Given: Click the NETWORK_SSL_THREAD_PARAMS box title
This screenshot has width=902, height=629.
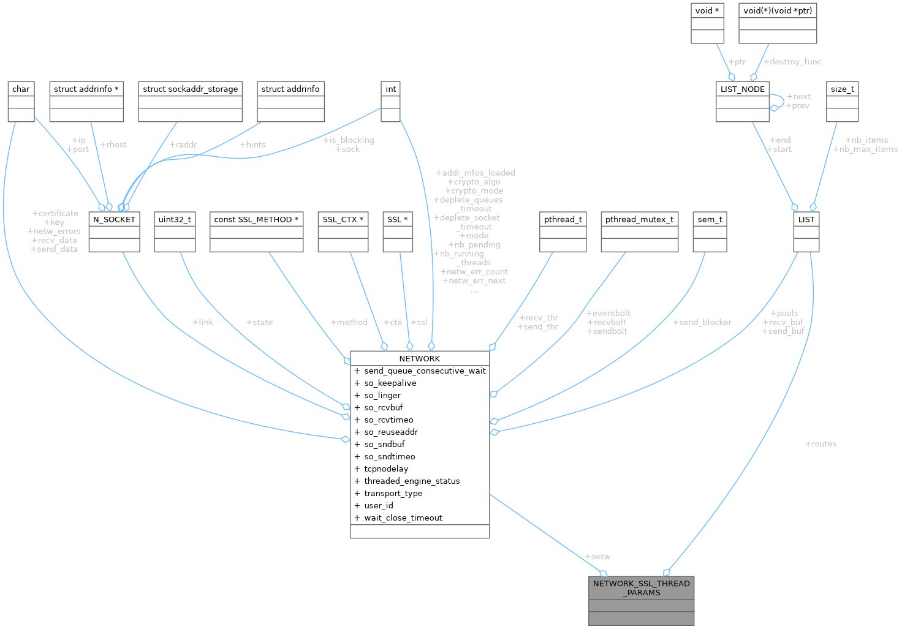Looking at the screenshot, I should pyautogui.click(x=641, y=588).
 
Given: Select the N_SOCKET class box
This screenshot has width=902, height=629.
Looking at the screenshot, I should pyautogui.click(x=114, y=232).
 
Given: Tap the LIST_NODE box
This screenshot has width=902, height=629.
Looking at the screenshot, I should pyautogui.click(x=743, y=101).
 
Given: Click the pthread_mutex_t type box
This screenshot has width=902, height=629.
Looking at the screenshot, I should pyautogui.click(x=639, y=232).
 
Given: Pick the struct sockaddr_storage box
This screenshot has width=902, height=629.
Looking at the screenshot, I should pyautogui.click(x=190, y=101).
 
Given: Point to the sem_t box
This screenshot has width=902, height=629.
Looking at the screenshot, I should pyautogui.click(x=710, y=232).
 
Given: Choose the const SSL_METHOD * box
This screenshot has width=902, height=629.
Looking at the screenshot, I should pyautogui.click(x=256, y=232).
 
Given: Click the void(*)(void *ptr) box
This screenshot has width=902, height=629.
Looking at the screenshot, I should pyautogui.click(x=778, y=23).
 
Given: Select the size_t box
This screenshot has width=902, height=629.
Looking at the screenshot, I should pyautogui.click(x=842, y=101).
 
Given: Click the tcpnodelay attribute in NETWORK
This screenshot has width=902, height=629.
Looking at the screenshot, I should pyautogui.click(x=386, y=469).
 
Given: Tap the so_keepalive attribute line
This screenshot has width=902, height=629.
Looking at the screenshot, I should pyautogui.click(x=390, y=383).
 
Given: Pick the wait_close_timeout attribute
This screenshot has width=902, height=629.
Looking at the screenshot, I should pyautogui.click(x=403, y=518).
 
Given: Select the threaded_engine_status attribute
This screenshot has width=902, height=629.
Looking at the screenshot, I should pyautogui.click(x=412, y=481).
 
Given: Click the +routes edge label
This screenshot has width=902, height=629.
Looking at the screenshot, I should pyautogui.click(x=821, y=444).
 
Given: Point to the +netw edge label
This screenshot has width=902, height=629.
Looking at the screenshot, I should pyautogui.click(x=597, y=557).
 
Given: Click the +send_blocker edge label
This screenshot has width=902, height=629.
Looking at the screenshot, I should pyautogui.click(x=702, y=322).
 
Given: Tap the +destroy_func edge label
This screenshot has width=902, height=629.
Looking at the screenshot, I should pyautogui.click(x=792, y=62).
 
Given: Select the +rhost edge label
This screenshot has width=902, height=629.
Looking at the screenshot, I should pyautogui.click(x=113, y=145).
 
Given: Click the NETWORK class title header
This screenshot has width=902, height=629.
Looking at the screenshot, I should pyautogui.click(x=419, y=358).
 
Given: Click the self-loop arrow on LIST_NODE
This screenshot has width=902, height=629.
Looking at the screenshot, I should pyautogui.click(x=783, y=101).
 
